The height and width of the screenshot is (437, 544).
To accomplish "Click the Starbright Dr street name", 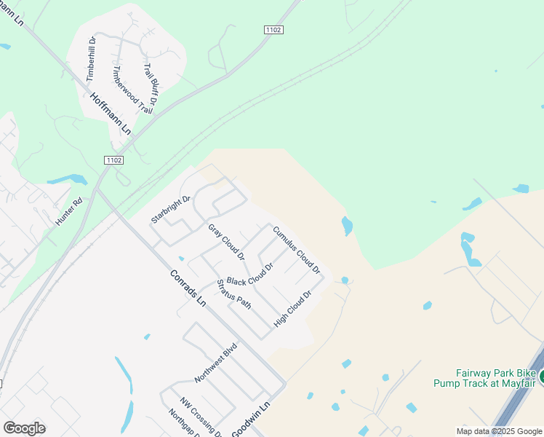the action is [x=170, y=209].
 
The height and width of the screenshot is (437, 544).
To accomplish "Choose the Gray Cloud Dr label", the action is [x=226, y=243].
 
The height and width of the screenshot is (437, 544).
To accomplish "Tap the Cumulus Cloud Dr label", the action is [x=297, y=250].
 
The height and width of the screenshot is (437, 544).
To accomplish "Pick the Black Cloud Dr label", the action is [x=249, y=275].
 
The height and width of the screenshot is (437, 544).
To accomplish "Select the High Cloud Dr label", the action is [x=292, y=309].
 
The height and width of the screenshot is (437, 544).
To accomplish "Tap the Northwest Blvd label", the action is [x=216, y=363].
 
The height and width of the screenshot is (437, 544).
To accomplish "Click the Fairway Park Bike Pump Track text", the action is [x=485, y=377].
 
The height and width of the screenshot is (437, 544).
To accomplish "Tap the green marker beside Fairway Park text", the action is [x=540, y=377].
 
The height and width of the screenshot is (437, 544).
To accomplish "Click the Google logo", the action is [x=24, y=428].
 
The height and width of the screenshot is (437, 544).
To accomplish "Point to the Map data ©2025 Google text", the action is [x=499, y=431].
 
